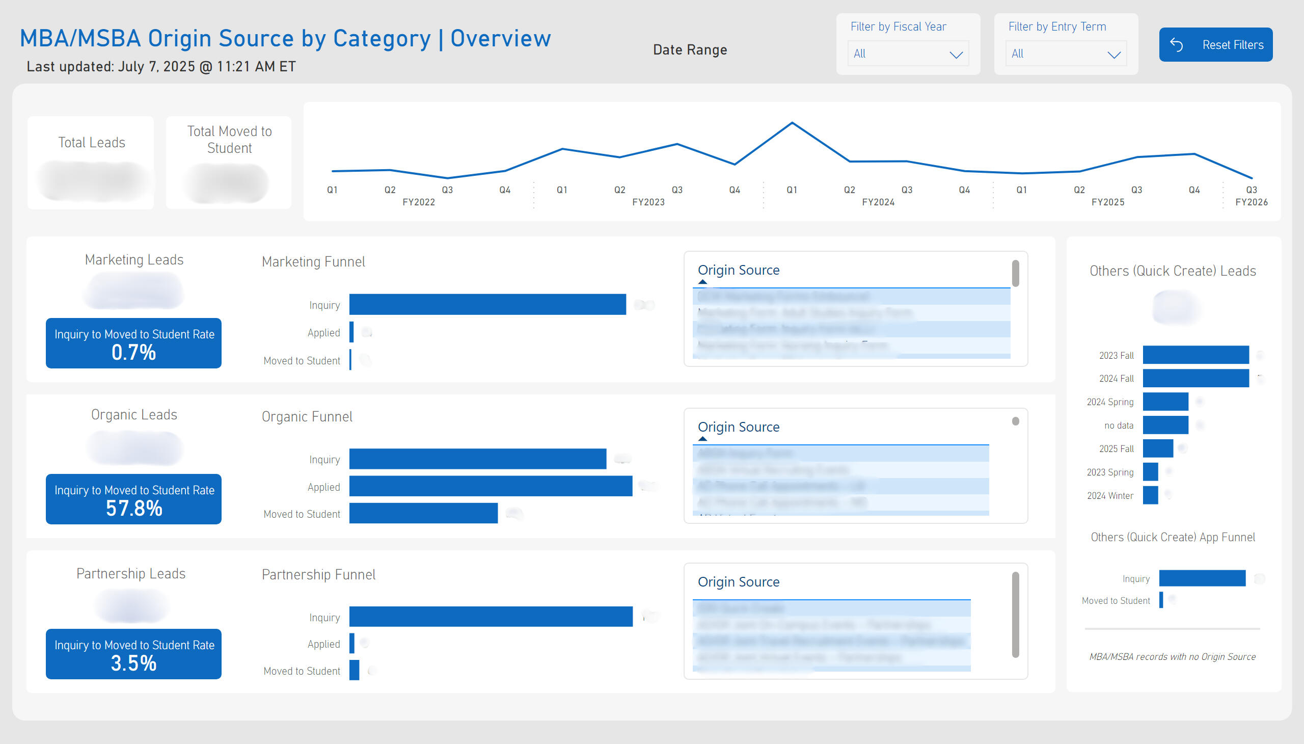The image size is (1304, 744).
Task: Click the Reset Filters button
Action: [1215, 45]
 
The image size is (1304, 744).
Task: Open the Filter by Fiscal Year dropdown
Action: [908, 54]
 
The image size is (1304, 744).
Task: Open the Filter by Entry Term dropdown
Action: [1066, 54]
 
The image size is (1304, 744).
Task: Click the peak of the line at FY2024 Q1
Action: [792, 123]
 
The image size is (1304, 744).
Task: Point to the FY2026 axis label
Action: [1251, 202]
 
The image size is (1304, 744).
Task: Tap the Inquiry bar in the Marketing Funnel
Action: [487, 305]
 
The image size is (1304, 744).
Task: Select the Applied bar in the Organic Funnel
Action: [491, 486]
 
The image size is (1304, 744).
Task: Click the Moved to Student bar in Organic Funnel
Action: [423, 514]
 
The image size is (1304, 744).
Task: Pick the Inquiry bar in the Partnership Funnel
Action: [491, 617]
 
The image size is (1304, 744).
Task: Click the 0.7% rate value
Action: [134, 353]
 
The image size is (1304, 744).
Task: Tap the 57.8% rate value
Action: [134, 509]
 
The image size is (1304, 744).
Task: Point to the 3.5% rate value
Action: [134, 663]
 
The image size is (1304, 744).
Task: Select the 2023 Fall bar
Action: [1195, 355]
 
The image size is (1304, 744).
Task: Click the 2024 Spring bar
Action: [1165, 402]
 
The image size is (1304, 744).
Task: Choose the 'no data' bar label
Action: [1118, 426]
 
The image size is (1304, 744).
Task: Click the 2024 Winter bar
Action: [1150, 495]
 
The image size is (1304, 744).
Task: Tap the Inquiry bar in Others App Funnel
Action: [1202, 578]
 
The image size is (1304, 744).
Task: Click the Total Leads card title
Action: [92, 143]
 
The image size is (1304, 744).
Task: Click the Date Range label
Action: [690, 50]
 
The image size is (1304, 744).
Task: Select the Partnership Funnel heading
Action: [318, 575]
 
